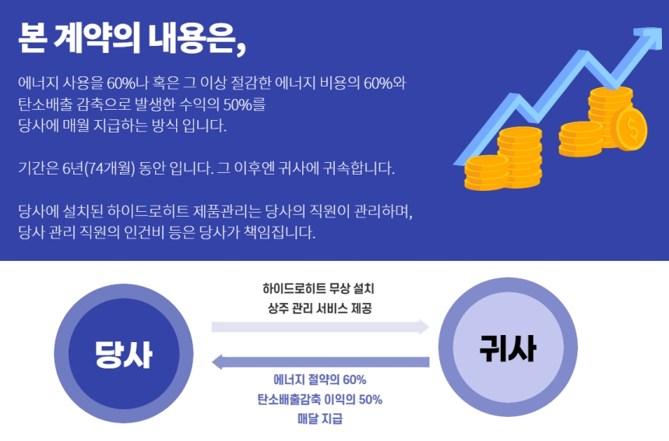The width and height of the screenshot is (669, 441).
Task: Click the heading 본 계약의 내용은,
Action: tap(132, 38)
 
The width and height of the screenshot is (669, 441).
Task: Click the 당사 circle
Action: tap(124, 354)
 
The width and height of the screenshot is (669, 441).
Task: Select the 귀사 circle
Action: tap(508, 347)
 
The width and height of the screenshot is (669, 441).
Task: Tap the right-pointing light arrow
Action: tap(320, 326)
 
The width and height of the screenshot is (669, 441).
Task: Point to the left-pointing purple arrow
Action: tap(320, 362)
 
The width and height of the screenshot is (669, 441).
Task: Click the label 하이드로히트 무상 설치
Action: tap(319, 288)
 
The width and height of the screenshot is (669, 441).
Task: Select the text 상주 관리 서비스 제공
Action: tap(319, 308)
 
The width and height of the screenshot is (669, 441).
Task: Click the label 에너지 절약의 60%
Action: tap(319, 379)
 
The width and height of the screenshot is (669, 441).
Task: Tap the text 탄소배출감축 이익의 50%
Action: tap(319, 400)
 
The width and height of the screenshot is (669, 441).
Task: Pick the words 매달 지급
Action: tap(319, 419)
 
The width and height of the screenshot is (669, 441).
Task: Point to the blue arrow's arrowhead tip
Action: tap(661, 28)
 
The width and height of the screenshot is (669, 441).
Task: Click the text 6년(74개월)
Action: tap(99, 168)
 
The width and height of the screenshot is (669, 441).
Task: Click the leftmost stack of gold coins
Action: tap(487, 172)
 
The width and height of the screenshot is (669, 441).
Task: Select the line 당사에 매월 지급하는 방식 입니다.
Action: tap(122, 125)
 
